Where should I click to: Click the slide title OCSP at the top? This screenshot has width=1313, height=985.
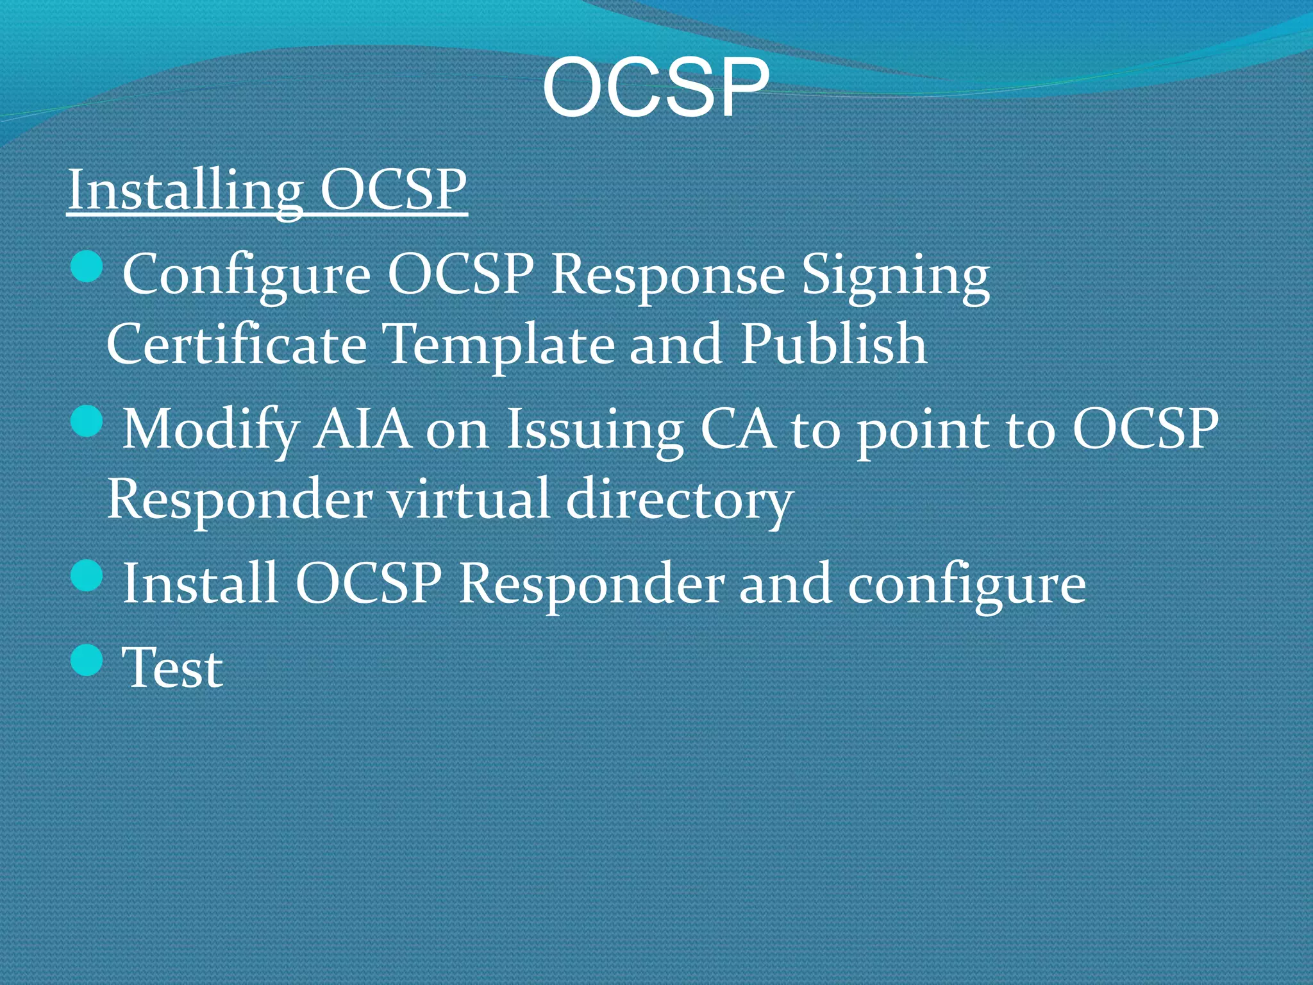655,88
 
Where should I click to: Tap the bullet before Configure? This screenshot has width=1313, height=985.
87,266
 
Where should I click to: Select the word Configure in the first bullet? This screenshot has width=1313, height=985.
246,274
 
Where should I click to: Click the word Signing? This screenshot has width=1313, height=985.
896,274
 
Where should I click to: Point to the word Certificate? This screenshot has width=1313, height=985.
236,344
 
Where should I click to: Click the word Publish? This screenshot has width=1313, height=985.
833,344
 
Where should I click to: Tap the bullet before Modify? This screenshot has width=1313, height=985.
87,421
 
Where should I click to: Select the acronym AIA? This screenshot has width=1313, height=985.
362,428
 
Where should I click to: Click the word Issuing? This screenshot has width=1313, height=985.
594,428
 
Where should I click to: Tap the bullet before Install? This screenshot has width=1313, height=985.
87,575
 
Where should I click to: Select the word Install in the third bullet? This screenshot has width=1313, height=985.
199,583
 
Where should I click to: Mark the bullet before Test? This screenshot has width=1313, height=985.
87,660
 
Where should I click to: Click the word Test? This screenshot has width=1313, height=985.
172,668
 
